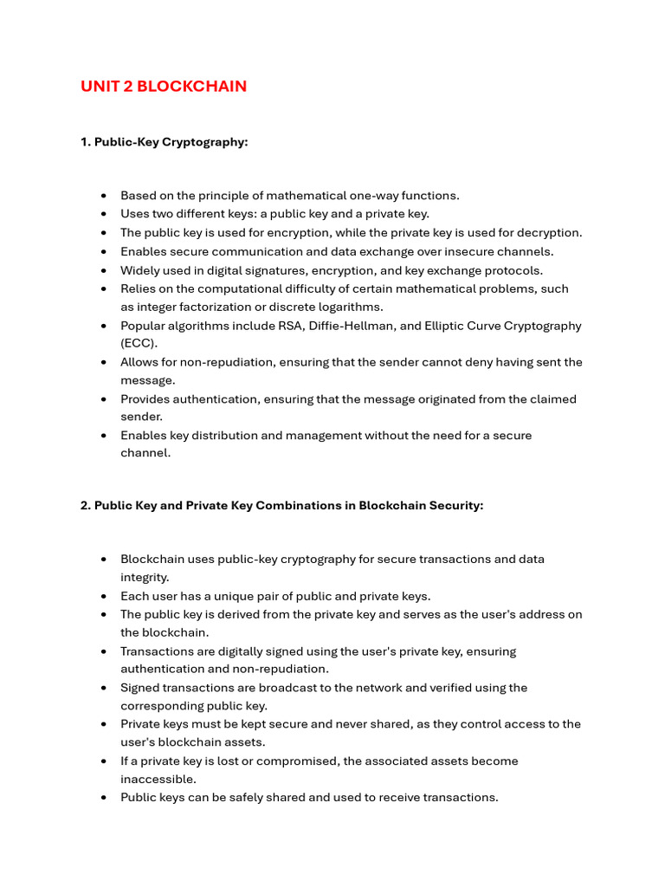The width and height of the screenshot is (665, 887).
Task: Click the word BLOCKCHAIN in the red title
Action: point(191,87)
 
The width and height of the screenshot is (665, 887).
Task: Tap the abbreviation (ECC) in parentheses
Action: point(136,344)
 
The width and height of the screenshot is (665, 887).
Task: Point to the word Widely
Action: point(139,270)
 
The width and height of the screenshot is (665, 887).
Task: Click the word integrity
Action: point(145,578)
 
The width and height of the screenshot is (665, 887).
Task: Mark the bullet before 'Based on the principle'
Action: point(104,196)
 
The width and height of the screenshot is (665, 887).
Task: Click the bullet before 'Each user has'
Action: point(104,597)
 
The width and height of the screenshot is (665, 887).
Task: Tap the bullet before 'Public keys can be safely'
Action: point(104,798)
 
